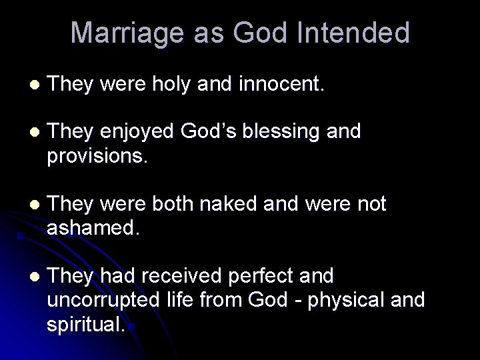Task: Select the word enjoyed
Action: coord(139,132)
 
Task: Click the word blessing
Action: coord(273,132)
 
